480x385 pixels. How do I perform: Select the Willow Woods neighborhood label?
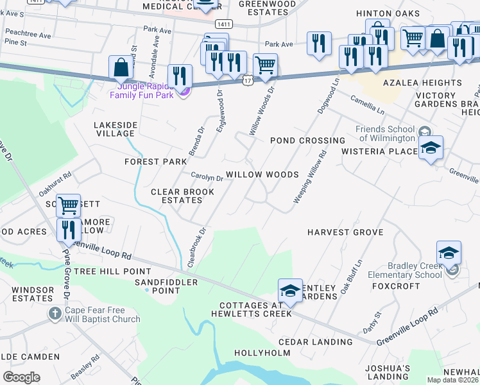coord(262,175)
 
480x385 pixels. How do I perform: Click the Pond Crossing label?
coord(307,141)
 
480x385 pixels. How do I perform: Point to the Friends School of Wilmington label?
coord(385,133)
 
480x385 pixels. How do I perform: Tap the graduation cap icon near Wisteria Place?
coord(431,148)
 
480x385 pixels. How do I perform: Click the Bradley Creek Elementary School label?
coord(415,270)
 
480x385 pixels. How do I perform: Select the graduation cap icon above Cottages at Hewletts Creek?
coord(290,291)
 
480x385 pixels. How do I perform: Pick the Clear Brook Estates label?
coord(176,196)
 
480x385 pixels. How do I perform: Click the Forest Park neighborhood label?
coord(155,162)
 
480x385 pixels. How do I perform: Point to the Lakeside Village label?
coord(114,129)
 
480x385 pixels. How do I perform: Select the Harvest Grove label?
coord(345,232)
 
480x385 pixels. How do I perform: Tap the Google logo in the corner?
coord(21,377)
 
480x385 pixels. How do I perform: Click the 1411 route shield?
coord(224,24)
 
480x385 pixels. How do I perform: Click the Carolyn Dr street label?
coord(207,177)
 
